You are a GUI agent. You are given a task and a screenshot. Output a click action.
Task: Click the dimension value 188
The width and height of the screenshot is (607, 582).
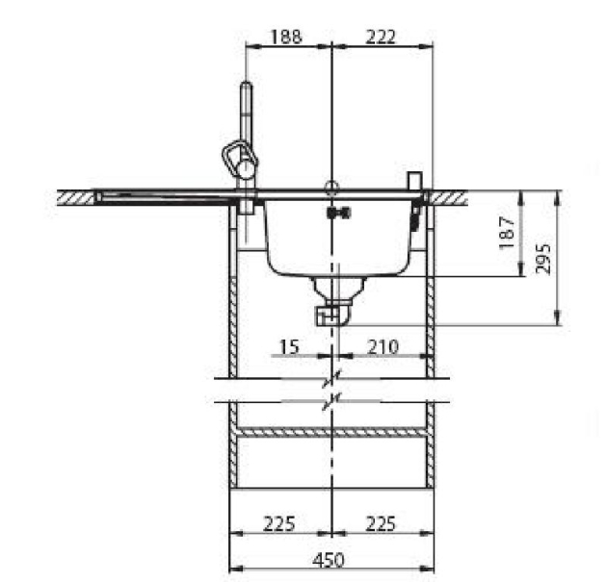point(286,37)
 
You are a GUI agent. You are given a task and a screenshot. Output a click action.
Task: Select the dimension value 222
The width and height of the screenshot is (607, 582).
point(381,37)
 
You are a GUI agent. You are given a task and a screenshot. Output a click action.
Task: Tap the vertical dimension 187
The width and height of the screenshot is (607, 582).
point(507,233)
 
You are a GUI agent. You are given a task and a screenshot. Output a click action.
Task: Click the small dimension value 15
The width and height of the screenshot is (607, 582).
point(289,346)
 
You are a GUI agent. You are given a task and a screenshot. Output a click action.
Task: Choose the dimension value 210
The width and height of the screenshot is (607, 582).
point(383,346)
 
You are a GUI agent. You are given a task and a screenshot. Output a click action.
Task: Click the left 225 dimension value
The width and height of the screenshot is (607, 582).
point(278,524)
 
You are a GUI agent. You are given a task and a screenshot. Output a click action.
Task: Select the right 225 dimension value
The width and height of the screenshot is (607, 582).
point(381,524)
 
